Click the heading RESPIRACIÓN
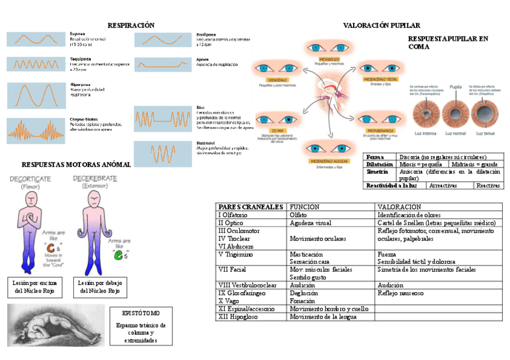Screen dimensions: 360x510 (x=131, y=25)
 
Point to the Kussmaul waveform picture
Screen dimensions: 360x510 (x=163, y=154)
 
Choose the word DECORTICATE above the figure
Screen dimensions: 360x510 (x=29, y=179)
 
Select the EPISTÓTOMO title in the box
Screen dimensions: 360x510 (x=141, y=313)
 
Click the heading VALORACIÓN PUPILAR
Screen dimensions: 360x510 (x=381, y=25)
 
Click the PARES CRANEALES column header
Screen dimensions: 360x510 (x=250, y=207)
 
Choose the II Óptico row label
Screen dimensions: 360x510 (x=231, y=223)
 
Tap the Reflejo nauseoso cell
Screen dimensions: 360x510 (x=401, y=293)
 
